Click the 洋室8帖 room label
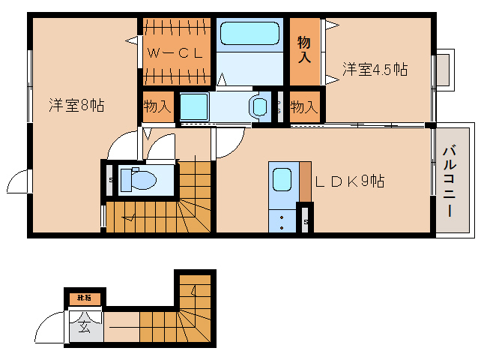76,106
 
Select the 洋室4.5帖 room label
375,70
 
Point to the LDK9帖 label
349,182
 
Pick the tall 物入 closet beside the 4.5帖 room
304,49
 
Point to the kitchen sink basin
282,180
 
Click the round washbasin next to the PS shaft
260,106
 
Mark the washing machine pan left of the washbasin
193,106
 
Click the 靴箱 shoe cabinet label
84,298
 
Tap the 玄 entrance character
84,328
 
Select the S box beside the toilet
111,180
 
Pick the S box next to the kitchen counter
306,221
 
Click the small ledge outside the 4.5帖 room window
444,70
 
